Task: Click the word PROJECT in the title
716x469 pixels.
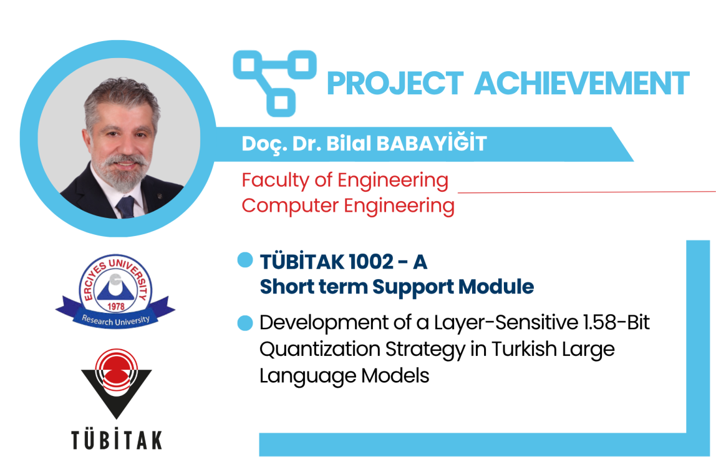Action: (395, 83)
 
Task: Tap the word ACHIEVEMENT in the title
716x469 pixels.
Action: (582, 83)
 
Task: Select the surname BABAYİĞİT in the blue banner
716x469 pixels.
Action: (432, 144)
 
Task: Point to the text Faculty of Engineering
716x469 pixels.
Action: (345, 180)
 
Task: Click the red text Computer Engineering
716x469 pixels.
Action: (348, 206)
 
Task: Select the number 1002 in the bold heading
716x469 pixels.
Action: (370, 262)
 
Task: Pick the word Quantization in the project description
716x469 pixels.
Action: (319, 350)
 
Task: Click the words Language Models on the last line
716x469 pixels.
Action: (344, 376)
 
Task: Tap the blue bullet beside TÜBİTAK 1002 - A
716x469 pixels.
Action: (245, 260)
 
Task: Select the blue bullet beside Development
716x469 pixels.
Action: (245, 323)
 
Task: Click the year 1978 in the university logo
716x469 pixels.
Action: (115, 306)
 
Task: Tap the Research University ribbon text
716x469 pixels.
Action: (115, 320)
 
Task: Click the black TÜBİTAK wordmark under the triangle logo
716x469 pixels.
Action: (117, 440)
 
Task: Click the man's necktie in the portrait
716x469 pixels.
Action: (126, 207)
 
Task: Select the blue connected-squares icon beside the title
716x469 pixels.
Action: (274, 83)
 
